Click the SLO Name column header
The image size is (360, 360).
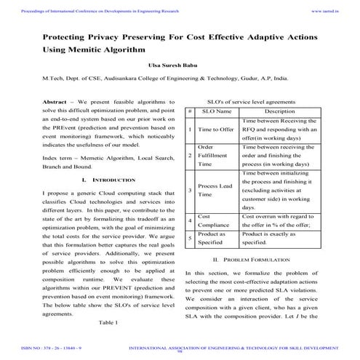click(217, 111)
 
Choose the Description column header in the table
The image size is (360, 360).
click(279, 111)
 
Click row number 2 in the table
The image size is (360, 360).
click(190, 156)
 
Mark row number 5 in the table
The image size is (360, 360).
click(190, 239)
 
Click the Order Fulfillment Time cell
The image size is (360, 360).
click(216, 156)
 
